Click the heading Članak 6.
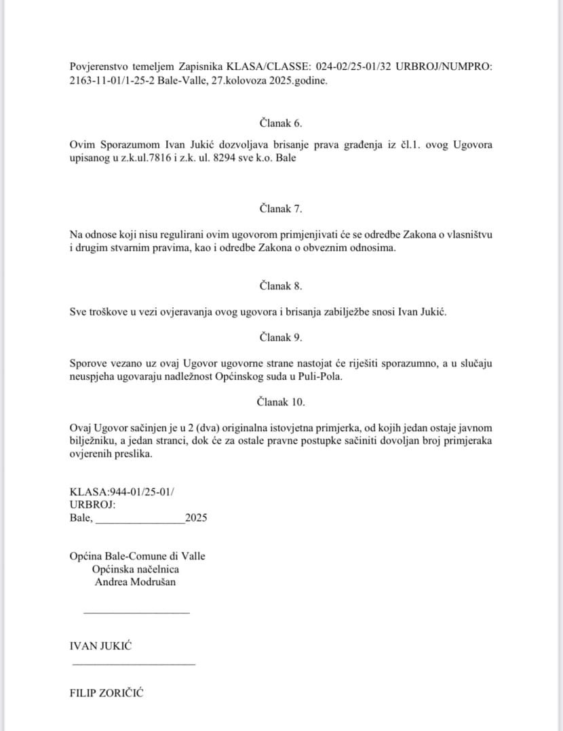281,123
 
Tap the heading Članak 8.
281,285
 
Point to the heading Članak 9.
281,337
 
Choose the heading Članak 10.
281,402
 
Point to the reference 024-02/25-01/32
351,66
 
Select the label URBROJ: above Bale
92,505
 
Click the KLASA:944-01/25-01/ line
122,492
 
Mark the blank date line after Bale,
140,521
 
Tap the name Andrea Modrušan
135,582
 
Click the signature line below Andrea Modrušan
136,613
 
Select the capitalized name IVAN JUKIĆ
100,646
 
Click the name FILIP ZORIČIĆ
106,693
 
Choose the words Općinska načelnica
136,569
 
